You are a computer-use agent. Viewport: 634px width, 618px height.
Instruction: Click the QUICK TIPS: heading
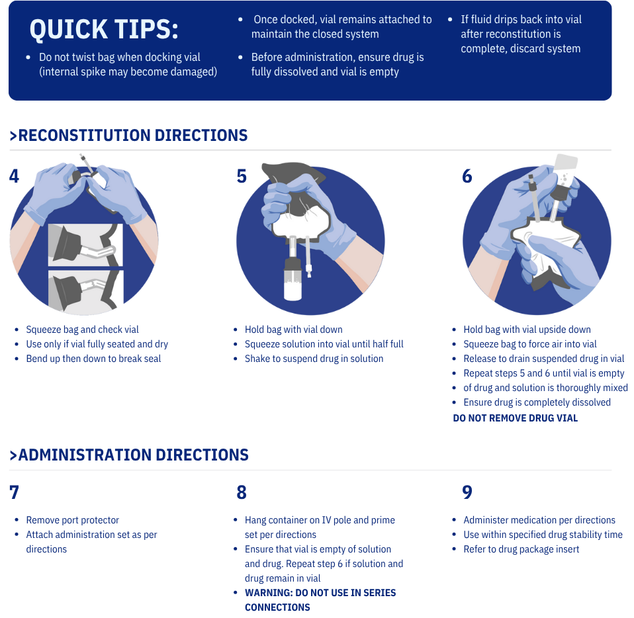104,30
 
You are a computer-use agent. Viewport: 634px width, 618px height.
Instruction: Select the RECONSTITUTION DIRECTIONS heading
128,136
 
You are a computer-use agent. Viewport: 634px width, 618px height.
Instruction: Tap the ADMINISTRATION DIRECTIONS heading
129,455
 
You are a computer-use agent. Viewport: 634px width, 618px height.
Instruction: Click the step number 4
14,176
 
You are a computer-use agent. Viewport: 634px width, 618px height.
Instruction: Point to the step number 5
242,176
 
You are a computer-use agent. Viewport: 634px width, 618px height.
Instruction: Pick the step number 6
467,176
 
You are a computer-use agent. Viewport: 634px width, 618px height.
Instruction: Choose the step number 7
14,492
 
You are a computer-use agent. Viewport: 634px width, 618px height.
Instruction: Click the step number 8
242,492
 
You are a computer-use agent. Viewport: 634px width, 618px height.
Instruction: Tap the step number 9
467,492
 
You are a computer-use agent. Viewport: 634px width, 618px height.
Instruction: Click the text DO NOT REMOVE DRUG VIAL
515,418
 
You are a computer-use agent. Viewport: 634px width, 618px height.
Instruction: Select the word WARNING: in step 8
269,593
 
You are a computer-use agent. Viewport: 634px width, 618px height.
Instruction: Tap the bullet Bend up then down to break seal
93,359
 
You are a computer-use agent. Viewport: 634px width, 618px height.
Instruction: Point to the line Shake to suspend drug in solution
314,359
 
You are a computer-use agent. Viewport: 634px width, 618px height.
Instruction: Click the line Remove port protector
73,520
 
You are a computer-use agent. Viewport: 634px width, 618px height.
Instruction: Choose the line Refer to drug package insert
521,549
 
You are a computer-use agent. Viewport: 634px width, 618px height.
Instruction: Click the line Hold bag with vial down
294,330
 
